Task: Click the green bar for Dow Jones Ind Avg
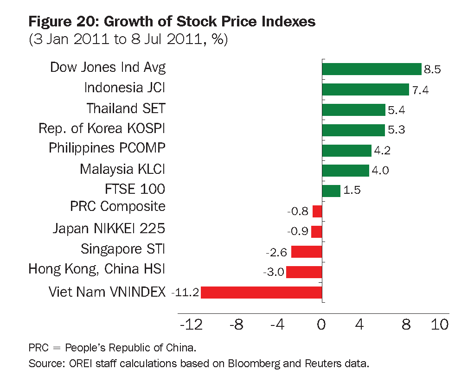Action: pyautogui.click(x=372, y=69)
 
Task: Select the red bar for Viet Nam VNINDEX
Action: pyautogui.click(x=262, y=292)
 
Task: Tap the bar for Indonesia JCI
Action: pyautogui.click(x=365, y=89)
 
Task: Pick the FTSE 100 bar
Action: pyautogui.click(x=331, y=191)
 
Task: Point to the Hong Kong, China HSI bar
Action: pyautogui.click(x=304, y=272)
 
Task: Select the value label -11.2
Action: pyautogui.click(x=185, y=293)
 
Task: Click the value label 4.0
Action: pyautogui.click(x=380, y=171)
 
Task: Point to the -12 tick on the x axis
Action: pyautogui.click(x=192, y=325)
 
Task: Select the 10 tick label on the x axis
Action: pyautogui.click(x=439, y=325)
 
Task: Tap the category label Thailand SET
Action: pyautogui.click(x=126, y=108)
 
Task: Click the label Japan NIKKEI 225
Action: pyautogui.click(x=109, y=229)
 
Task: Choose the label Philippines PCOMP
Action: pyautogui.click(x=107, y=148)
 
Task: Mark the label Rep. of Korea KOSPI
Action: pyautogui.click(x=102, y=128)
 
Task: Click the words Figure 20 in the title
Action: pyautogui.click(x=64, y=21)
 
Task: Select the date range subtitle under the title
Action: pyautogui.click(x=128, y=39)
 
